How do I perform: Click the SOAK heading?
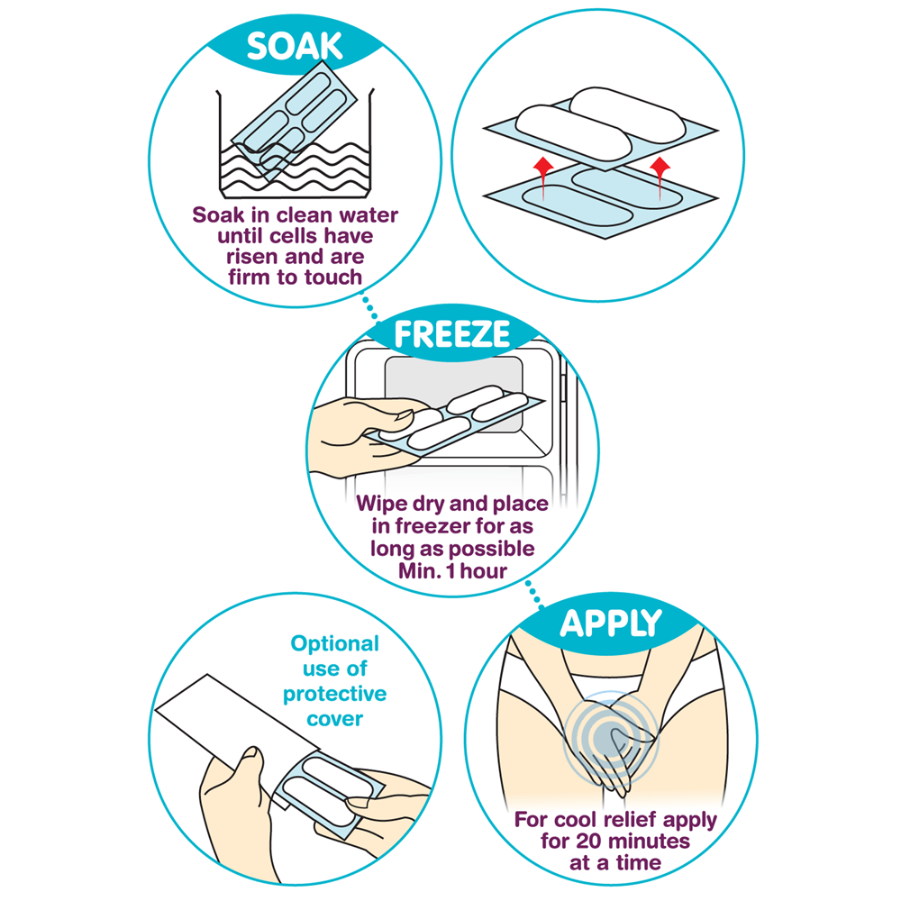coord(295,46)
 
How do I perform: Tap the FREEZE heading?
coord(452,334)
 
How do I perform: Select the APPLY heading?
coord(611,623)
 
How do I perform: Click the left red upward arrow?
coord(543,178)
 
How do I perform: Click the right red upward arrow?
coord(660,178)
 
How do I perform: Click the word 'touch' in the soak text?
coord(333,277)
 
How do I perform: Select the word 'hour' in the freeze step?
coord(483,570)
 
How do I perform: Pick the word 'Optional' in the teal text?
coord(335,643)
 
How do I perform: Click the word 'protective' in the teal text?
coord(335,694)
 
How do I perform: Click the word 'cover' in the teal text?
coord(335,719)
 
